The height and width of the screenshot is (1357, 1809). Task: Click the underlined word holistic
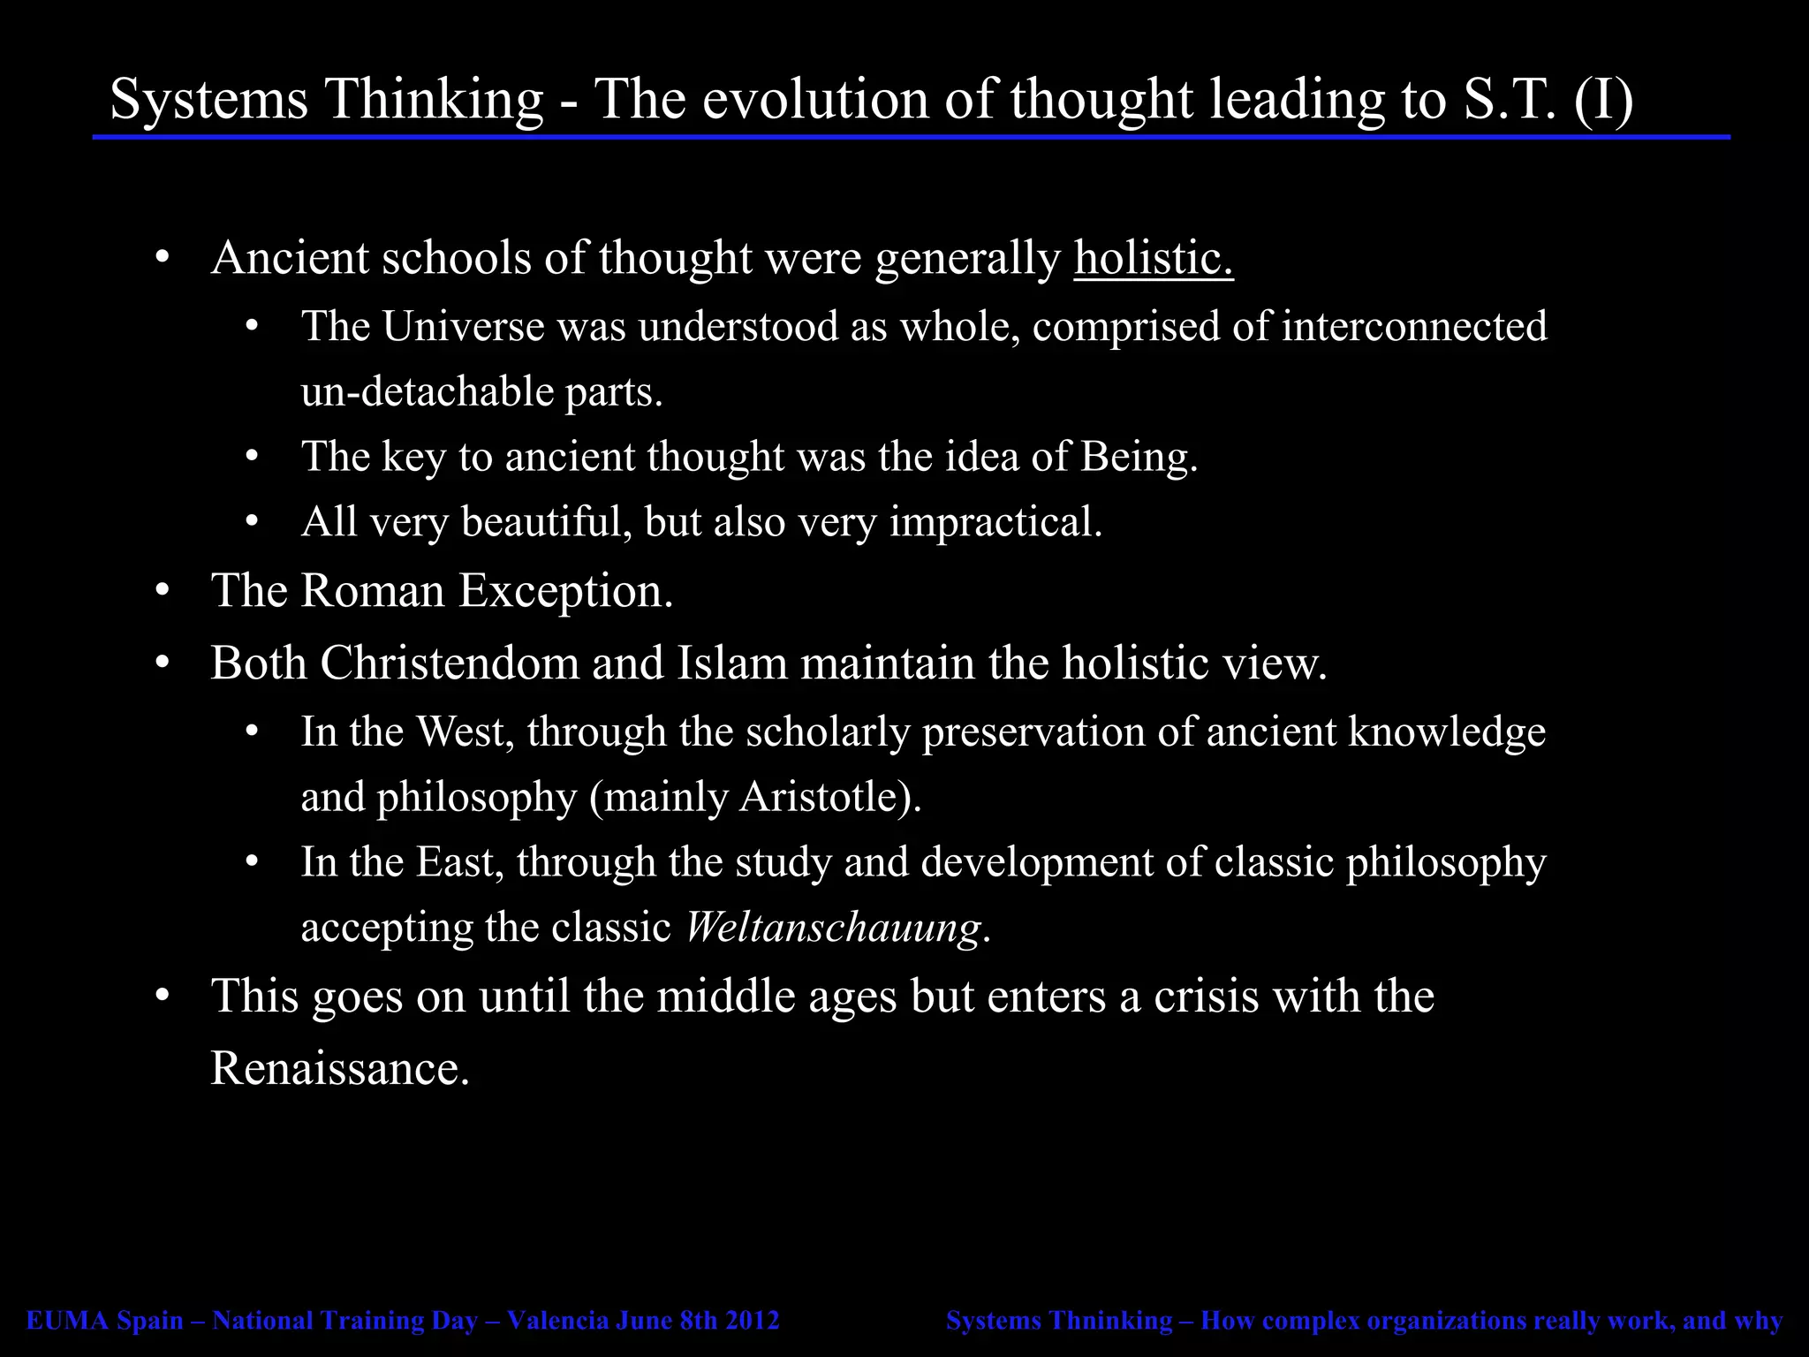click(1153, 259)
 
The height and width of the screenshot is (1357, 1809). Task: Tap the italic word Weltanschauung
click(832, 928)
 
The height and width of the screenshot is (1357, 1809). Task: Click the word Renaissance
click(339, 1069)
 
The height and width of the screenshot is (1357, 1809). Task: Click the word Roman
click(372, 591)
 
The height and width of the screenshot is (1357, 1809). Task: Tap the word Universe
click(462, 327)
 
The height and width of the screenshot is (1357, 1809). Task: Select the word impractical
click(995, 522)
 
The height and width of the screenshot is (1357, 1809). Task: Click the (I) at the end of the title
click(1603, 99)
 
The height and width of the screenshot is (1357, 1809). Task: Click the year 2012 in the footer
click(753, 1321)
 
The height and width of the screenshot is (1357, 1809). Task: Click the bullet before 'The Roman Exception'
click(161, 591)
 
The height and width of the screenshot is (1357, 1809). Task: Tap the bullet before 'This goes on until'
click(161, 997)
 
